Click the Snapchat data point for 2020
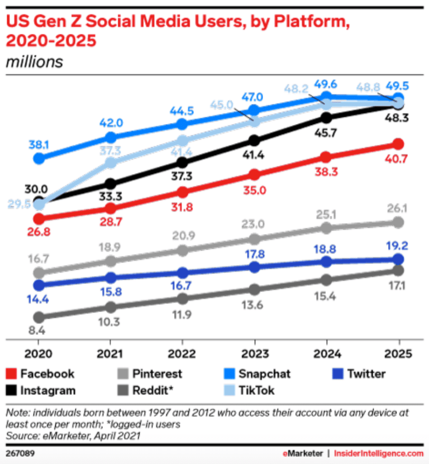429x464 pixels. click(x=39, y=159)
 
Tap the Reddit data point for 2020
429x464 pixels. click(x=39, y=317)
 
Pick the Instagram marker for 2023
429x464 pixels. click(x=254, y=140)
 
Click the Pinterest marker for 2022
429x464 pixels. click(x=182, y=250)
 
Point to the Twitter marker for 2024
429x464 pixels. click(x=326, y=261)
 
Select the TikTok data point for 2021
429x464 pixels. click(x=111, y=162)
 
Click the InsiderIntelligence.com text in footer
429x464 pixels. click(x=378, y=452)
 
